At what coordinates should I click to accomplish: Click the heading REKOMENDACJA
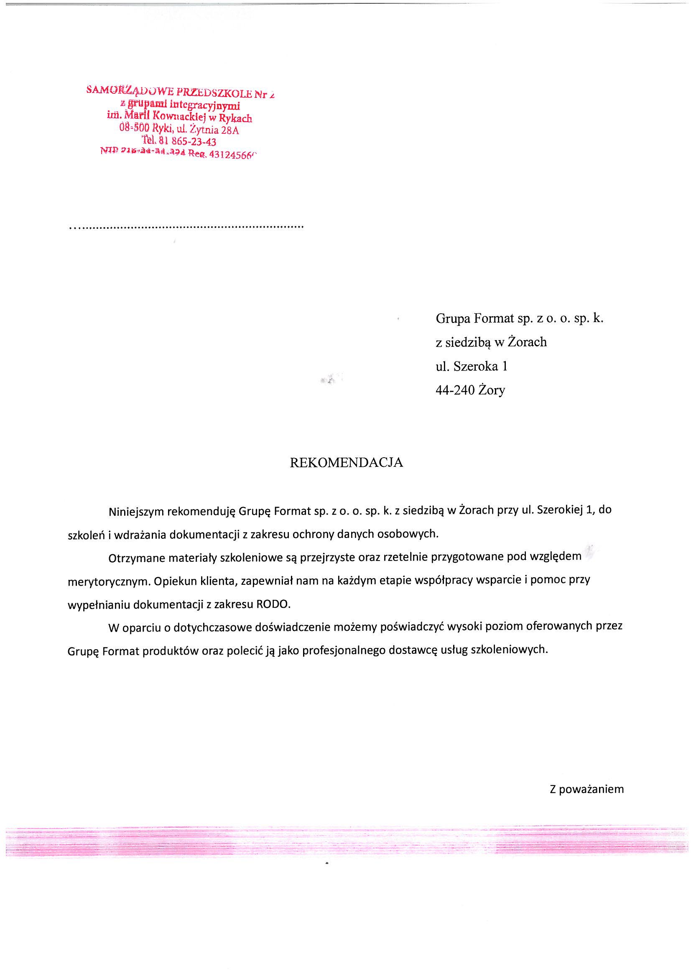[x=346, y=463]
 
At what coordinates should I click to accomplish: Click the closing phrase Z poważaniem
[x=586, y=789]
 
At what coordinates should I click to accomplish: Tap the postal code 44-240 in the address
[x=455, y=390]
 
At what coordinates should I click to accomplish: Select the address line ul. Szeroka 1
[x=471, y=366]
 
